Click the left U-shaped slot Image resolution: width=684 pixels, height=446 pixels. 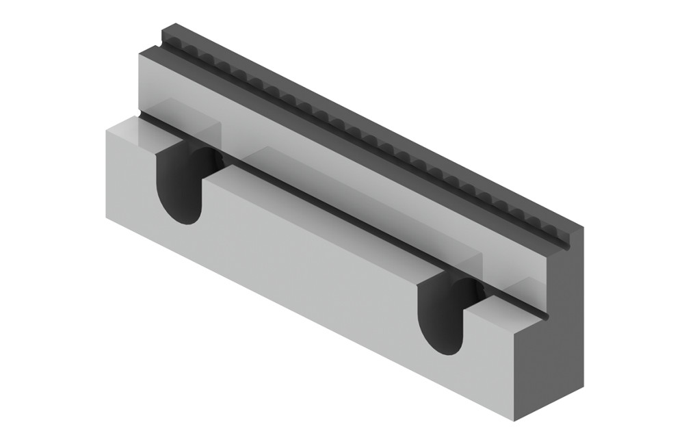pos(179,183)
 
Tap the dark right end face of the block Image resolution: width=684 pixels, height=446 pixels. pos(554,322)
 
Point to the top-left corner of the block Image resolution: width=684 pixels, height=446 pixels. pos(162,29)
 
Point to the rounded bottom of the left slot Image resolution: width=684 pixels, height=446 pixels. pos(182,215)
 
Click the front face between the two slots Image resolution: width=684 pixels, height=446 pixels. pos(308,267)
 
